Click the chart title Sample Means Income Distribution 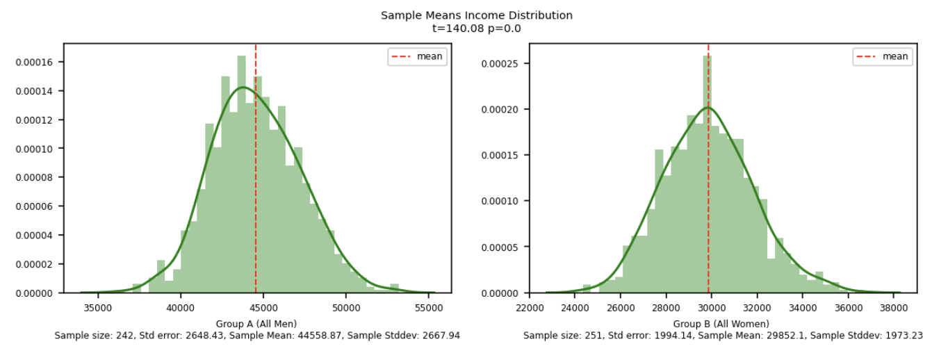click(476, 15)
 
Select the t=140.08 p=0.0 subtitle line click(476, 28)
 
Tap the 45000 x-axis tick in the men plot click(263, 306)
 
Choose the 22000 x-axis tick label click(530, 306)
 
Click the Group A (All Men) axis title click(257, 324)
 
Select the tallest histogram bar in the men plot click(241, 174)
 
